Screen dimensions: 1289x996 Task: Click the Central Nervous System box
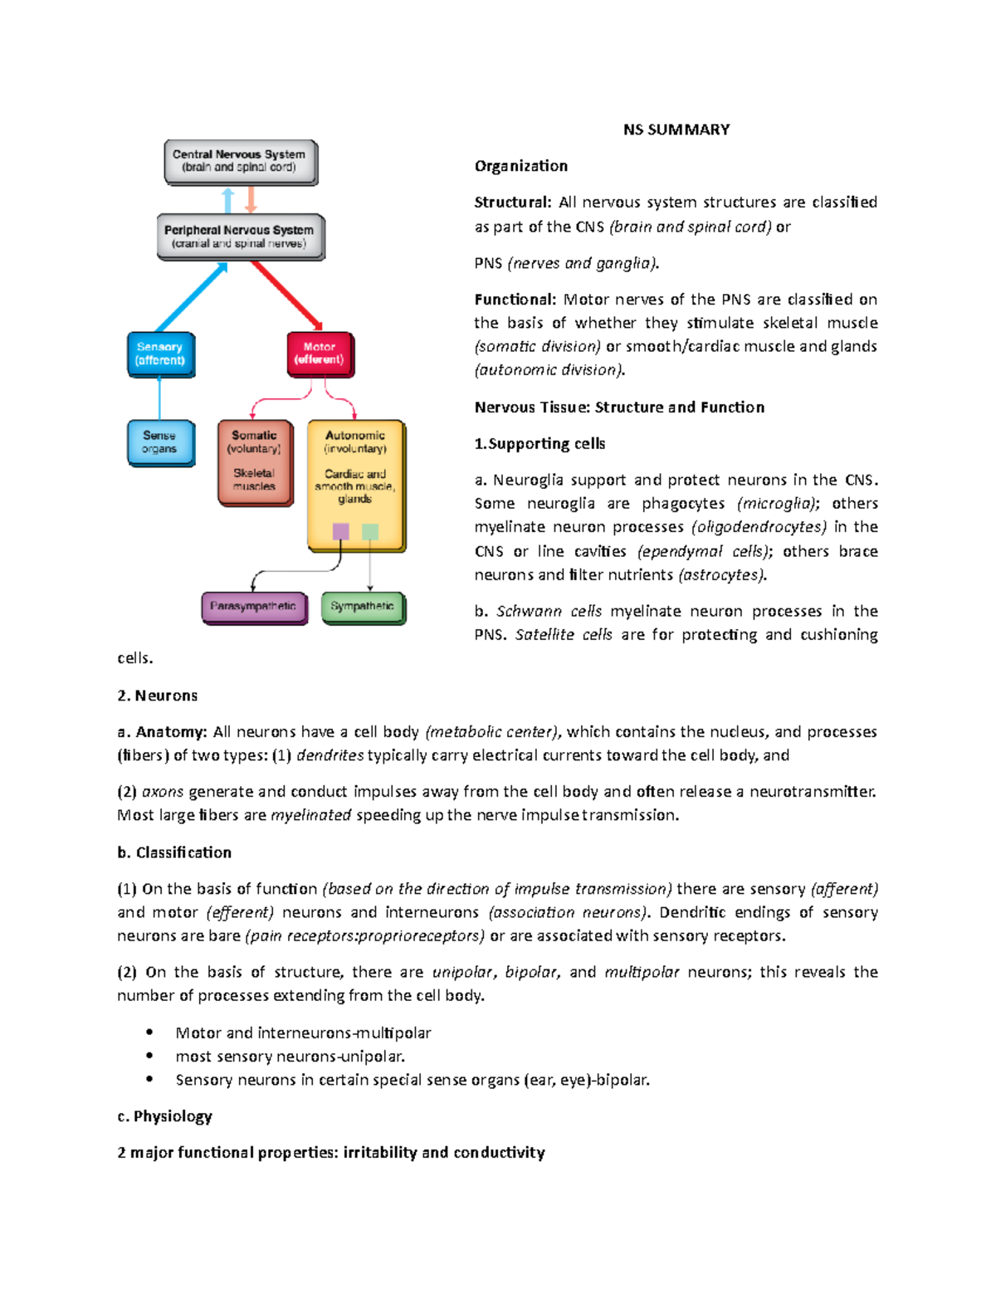240,161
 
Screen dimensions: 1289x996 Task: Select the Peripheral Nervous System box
240,237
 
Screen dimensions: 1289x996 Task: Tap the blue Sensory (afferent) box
160,354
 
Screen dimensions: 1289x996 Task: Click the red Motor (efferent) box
320,354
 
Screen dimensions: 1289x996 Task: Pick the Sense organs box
159,442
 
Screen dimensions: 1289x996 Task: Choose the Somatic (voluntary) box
255,461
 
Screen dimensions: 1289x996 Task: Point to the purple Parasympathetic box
253,607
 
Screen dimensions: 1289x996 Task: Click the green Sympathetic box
362,607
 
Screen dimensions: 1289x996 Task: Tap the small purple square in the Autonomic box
340,531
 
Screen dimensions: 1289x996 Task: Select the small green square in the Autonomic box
370,531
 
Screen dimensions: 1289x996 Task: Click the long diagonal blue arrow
191,298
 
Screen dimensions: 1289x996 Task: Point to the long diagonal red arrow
286,295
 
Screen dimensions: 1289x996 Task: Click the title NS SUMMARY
676,129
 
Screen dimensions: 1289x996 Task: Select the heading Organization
520,166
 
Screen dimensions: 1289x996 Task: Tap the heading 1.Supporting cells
539,444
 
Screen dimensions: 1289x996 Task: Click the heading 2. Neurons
157,696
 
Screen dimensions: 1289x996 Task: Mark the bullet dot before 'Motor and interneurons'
149,1033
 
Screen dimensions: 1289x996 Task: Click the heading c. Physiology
164,1116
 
